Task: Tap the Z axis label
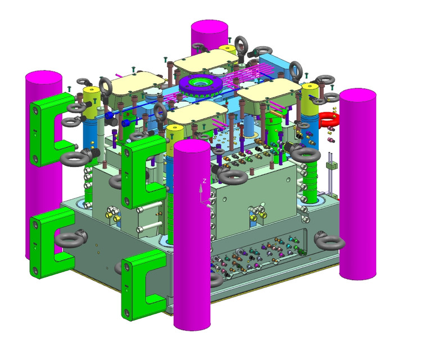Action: pyautogui.click(x=205, y=181)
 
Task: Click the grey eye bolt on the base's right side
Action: pyautogui.click(x=330, y=242)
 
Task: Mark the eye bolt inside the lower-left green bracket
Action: pyautogui.click(x=69, y=241)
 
